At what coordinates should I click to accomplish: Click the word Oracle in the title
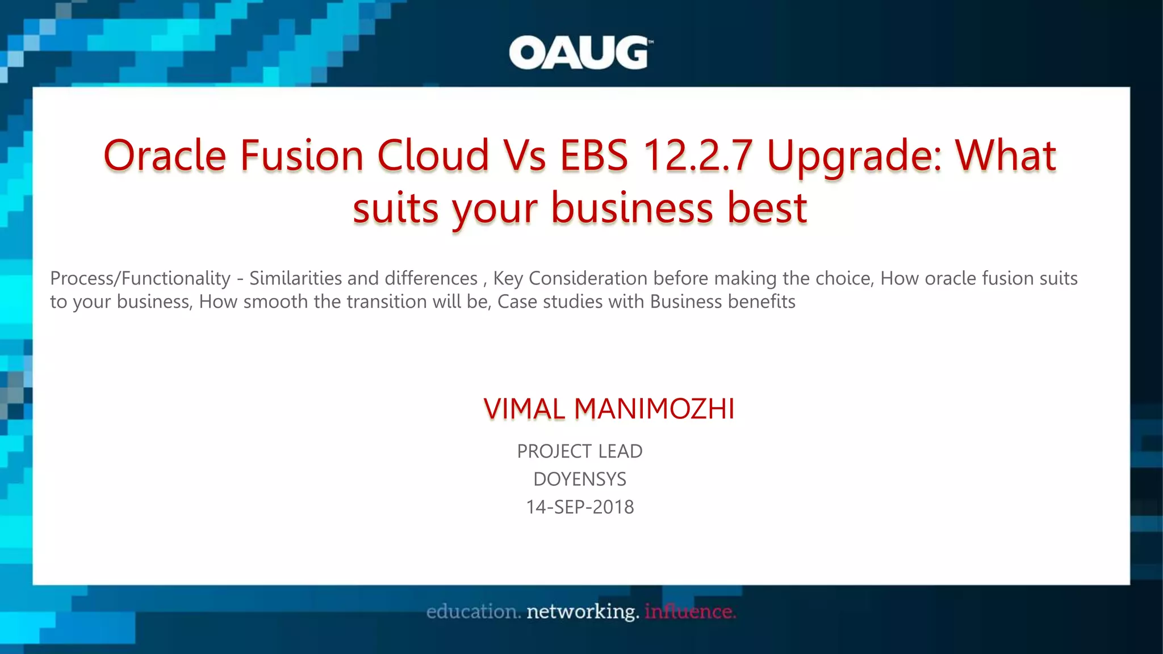point(165,155)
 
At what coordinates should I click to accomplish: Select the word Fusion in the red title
point(302,155)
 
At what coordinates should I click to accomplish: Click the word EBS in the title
point(594,155)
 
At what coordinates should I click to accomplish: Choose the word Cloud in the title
point(433,155)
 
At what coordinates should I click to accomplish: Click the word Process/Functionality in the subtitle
point(140,278)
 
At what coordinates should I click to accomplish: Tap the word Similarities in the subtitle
point(296,278)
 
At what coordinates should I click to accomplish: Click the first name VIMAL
point(524,409)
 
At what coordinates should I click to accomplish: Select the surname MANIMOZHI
point(654,409)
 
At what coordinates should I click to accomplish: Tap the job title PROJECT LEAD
point(580,451)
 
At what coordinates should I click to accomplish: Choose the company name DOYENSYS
point(580,479)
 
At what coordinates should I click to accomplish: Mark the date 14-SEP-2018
point(580,507)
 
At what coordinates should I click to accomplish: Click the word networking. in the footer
point(583,612)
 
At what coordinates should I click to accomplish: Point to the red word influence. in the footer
point(690,612)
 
